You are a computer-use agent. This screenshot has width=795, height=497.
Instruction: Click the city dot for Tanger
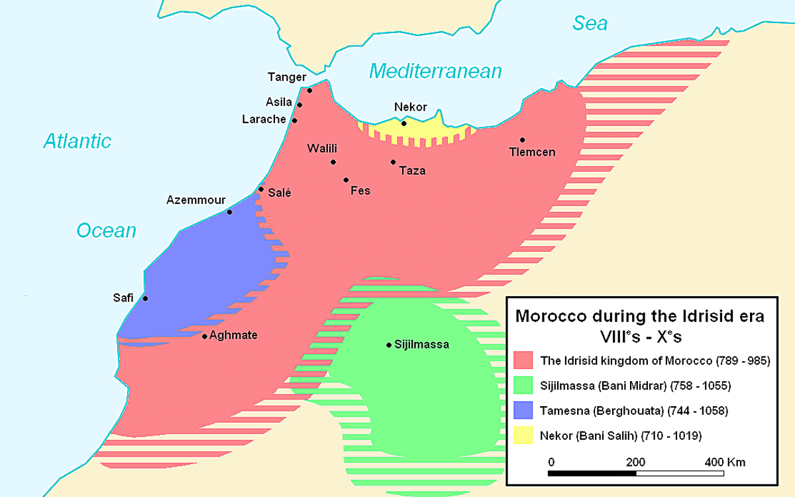tap(309, 90)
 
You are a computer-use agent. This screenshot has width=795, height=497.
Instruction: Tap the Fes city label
tap(360, 191)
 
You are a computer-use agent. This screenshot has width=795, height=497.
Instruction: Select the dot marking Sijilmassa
tap(389, 345)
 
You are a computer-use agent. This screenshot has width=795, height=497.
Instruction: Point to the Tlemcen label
tap(532, 152)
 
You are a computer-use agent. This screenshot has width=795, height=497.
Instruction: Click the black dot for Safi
tap(146, 298)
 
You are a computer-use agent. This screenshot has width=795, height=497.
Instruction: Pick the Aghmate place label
tap(233, 335)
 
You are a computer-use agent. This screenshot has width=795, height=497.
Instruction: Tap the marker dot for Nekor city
tap(403, 123)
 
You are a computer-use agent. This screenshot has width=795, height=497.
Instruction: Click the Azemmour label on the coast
tap(196, 200)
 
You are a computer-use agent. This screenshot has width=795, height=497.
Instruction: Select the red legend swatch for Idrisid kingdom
tap(524, 360)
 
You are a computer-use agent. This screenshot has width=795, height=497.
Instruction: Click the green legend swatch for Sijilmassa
tap(524, 385)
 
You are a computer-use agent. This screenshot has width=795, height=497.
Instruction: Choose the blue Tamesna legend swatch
tap(524, 410)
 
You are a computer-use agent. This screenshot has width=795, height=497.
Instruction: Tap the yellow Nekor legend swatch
tap(524, 435)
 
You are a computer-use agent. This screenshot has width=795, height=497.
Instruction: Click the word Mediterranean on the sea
tap(435, 71)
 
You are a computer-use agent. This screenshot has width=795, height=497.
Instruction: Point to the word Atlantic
tap(78, 140)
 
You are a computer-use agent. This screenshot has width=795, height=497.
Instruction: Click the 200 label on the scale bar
tap(635, 462)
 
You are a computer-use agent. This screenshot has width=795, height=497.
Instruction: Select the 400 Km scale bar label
tap(725, 462)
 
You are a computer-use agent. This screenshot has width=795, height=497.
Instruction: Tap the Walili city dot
tap(333, 162)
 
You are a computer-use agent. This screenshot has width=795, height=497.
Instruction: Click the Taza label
tap(412, 171)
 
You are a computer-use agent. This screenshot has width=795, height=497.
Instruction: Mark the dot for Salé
tap(261, 189)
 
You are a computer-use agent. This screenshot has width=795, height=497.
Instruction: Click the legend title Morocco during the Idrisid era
tap(639, 316)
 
